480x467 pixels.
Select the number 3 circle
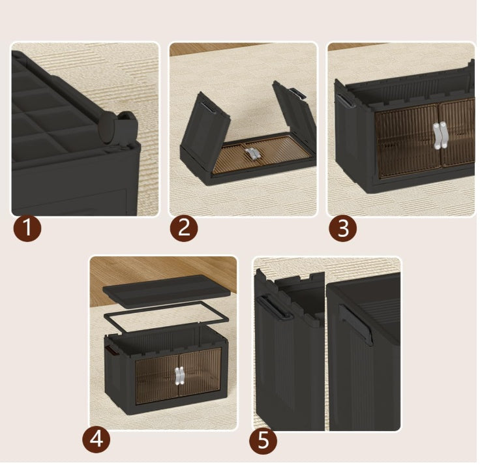(x=342, y=228)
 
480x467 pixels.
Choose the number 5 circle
(x=263, y=440)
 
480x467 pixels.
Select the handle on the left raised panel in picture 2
(x=207, y=104)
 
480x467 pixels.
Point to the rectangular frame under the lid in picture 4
(x=166, y=318)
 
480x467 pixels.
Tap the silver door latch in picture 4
(x=179, y=377)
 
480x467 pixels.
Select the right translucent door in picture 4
(x=198, y=378)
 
